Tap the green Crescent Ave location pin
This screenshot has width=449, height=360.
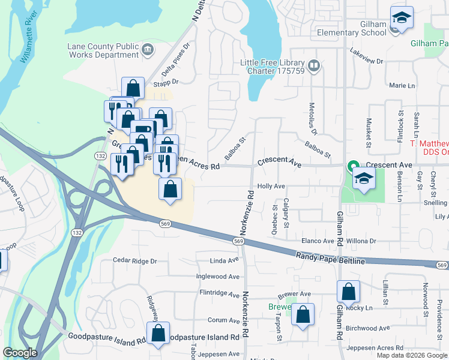pyautogui.click(x=354, y=166)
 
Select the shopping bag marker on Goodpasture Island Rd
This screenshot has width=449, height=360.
pyautogui.click(x=158, y=334)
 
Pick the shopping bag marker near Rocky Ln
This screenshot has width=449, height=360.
pyautogui.click(x=348, y=293)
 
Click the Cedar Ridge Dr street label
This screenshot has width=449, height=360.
pyautogui.click(x=135, y=261)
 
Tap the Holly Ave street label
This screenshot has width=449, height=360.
pyautogui.click(x=271, y=186)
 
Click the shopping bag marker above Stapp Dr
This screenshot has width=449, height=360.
pyautogui.click(x=133, y=89)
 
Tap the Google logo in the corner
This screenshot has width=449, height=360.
pyautogui.click(x=20, y=352)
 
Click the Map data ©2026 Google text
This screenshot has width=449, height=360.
pyautogui.click(x=412, y=355)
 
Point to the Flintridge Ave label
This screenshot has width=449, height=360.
pyautogui.click(x=219, y=293)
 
